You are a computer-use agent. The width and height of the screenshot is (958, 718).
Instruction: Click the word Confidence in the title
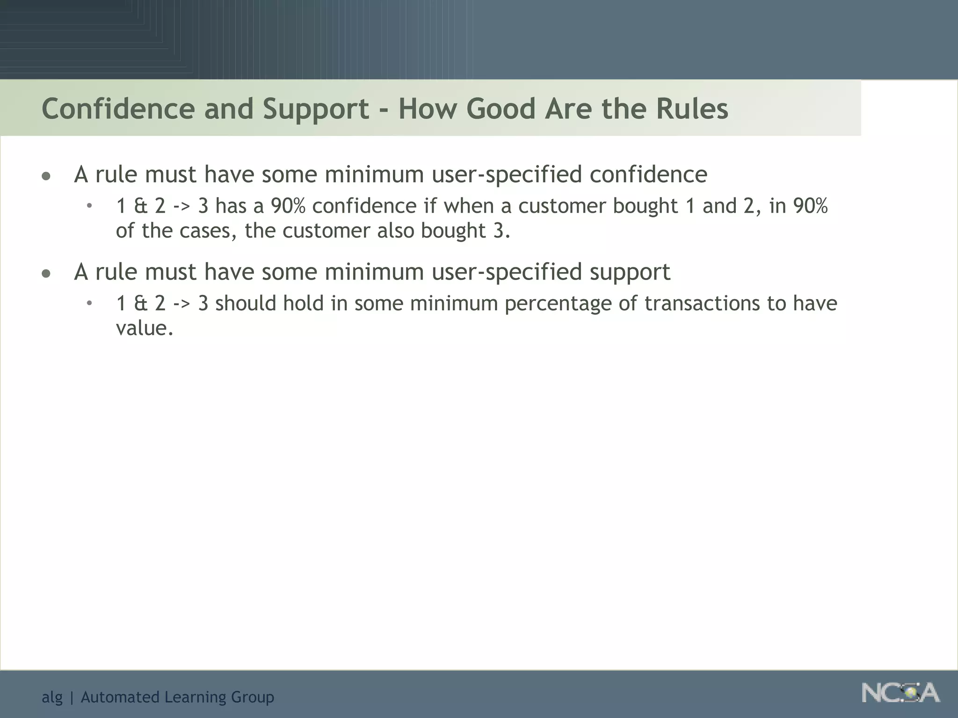118,108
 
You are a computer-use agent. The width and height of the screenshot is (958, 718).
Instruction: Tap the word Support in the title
316,109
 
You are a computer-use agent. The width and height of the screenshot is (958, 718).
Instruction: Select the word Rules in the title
692,108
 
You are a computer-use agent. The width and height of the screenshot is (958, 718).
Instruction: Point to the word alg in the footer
52,697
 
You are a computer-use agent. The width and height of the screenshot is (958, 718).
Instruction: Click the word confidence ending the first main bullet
648,174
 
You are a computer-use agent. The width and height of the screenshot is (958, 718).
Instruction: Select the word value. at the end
145,328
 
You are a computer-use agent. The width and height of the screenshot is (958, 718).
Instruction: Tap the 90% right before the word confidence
288,206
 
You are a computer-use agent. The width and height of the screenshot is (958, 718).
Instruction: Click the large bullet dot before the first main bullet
46,177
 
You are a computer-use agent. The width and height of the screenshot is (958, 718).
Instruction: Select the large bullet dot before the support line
46,274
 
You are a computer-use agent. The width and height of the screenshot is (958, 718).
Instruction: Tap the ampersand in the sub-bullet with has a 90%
140,206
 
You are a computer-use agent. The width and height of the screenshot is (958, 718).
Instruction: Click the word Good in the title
501,108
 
